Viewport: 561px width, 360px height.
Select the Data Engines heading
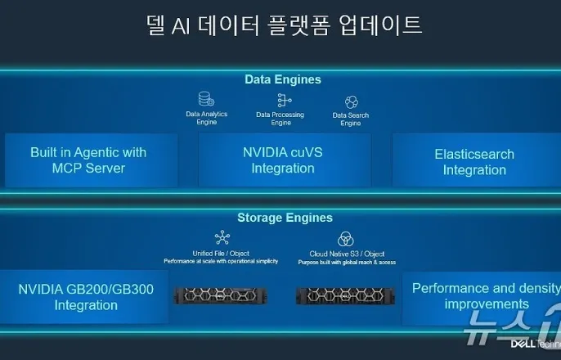coord(283,79)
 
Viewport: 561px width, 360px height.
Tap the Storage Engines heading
coord(285,218)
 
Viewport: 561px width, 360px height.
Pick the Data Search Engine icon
coord(351,102)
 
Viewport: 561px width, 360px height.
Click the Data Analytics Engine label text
coord(206,118)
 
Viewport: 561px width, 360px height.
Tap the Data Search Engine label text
coord(351,119)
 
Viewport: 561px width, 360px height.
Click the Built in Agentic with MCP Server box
coord(89,160)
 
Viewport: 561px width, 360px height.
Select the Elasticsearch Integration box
coord(474,162)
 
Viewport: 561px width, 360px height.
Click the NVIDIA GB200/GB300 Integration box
coord(86,297)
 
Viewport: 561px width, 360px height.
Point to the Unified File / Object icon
coord(222,238)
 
